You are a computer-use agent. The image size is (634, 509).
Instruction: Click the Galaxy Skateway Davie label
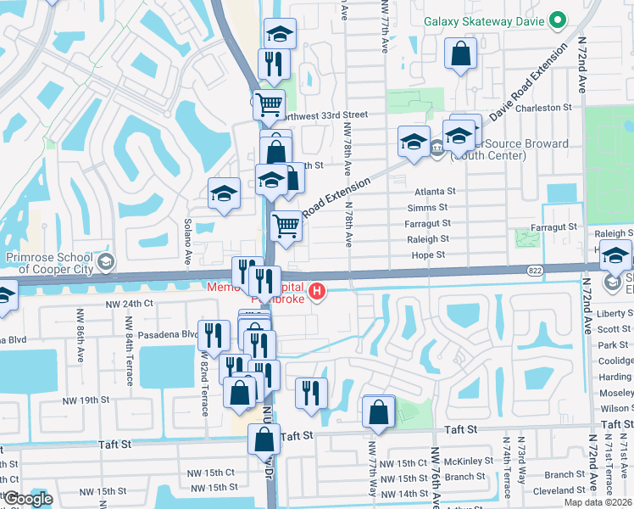tap(483, 20)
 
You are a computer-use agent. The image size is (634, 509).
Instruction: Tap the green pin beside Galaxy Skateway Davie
tap(557, 20)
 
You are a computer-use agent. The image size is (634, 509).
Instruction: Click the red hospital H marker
tap(317, 293)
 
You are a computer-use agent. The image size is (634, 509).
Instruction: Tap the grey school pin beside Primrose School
tap(105, 260)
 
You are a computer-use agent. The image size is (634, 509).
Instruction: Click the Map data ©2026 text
tap(598, 502)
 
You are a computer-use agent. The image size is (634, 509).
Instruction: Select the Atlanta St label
tap(436, 192)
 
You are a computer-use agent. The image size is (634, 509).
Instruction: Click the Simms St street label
tap(427, 208)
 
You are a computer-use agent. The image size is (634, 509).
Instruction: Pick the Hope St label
tap(429, 255)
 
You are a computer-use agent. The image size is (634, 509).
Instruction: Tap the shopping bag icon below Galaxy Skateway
tap(461, 54)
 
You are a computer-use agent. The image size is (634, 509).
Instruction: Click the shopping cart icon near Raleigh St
tap(286, 227)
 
